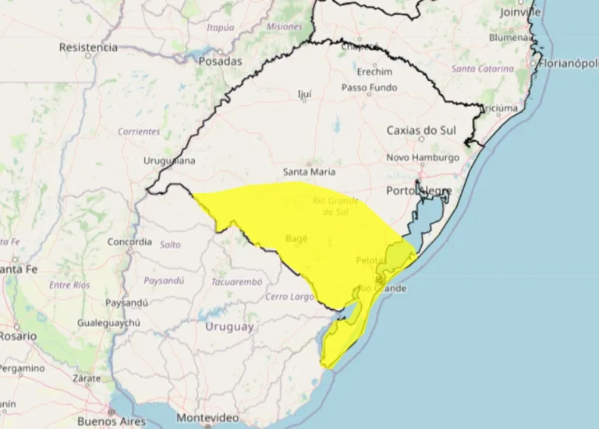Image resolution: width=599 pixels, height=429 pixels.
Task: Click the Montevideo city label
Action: pos(207,417)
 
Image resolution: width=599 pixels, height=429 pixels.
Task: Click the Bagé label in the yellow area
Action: pos(297,237)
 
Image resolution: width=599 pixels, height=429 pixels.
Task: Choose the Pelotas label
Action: pos(370,259)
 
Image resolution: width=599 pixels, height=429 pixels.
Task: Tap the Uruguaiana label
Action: pos(169,160)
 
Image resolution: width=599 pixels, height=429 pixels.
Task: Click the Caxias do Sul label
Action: pos(421,130)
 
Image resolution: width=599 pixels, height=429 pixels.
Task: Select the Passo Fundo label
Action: pos(369,88)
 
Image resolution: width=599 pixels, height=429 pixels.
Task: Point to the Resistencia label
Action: pos(88,47)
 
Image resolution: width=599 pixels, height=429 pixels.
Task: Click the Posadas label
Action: pos(220,61)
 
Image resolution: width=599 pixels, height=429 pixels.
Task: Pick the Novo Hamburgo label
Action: pos(423,157)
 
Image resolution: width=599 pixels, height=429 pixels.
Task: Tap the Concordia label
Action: pos(129,242)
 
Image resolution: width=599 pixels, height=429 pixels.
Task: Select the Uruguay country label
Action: pos(229,327)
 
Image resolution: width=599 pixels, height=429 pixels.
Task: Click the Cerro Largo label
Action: pos(289,297)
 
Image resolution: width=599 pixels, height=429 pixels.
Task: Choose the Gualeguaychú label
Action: pos(108,322)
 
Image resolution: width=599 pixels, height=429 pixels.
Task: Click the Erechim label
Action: pos(374,72)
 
